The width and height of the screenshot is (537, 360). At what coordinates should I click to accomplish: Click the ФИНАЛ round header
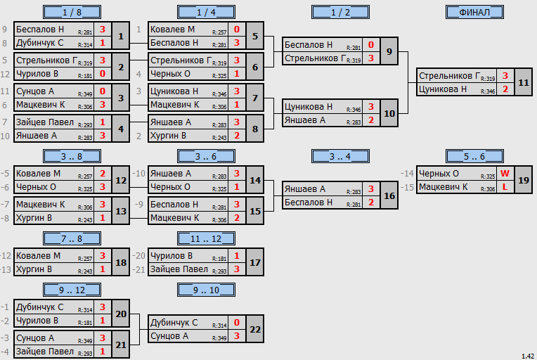tap(474, 13)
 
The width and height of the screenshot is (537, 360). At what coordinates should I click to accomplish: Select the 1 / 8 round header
tap(72, 13)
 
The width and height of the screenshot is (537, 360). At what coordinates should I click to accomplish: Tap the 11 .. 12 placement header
tap(206, 238)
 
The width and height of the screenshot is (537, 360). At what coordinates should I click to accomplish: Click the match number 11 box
tap(524, 82)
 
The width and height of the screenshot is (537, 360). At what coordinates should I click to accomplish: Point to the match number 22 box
tap(255, 329)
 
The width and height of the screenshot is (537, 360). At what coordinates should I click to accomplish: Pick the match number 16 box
tap(389, 195)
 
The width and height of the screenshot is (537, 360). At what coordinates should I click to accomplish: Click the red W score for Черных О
tap(505, 174)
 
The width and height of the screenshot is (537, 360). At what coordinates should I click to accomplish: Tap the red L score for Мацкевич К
tap(505, 187)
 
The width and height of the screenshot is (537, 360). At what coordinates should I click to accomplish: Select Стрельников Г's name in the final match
tap(450, 76)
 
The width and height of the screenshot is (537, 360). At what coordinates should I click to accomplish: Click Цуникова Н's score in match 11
tap(505, 89)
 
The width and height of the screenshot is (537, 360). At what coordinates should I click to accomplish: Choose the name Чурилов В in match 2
tap(37, 74)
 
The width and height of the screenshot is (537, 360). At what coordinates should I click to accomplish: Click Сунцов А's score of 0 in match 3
tap(103, 91)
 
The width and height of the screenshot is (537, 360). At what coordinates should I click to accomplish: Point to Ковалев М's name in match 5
tap(172, 30)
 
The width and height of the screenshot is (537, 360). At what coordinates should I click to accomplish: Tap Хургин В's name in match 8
tap(168, 136)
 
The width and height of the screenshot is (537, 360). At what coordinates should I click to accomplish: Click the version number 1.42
tap(528, 356)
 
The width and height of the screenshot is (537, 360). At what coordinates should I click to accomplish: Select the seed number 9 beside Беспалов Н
tap(4, 30)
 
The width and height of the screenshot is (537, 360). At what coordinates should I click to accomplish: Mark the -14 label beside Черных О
tap(407, 174)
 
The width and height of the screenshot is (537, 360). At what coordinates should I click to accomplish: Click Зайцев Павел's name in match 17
tap(179, 269)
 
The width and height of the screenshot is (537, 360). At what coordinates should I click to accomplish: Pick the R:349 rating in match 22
tap(219, 338)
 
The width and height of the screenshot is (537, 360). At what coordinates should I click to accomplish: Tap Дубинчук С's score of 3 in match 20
tap(103, 307)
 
